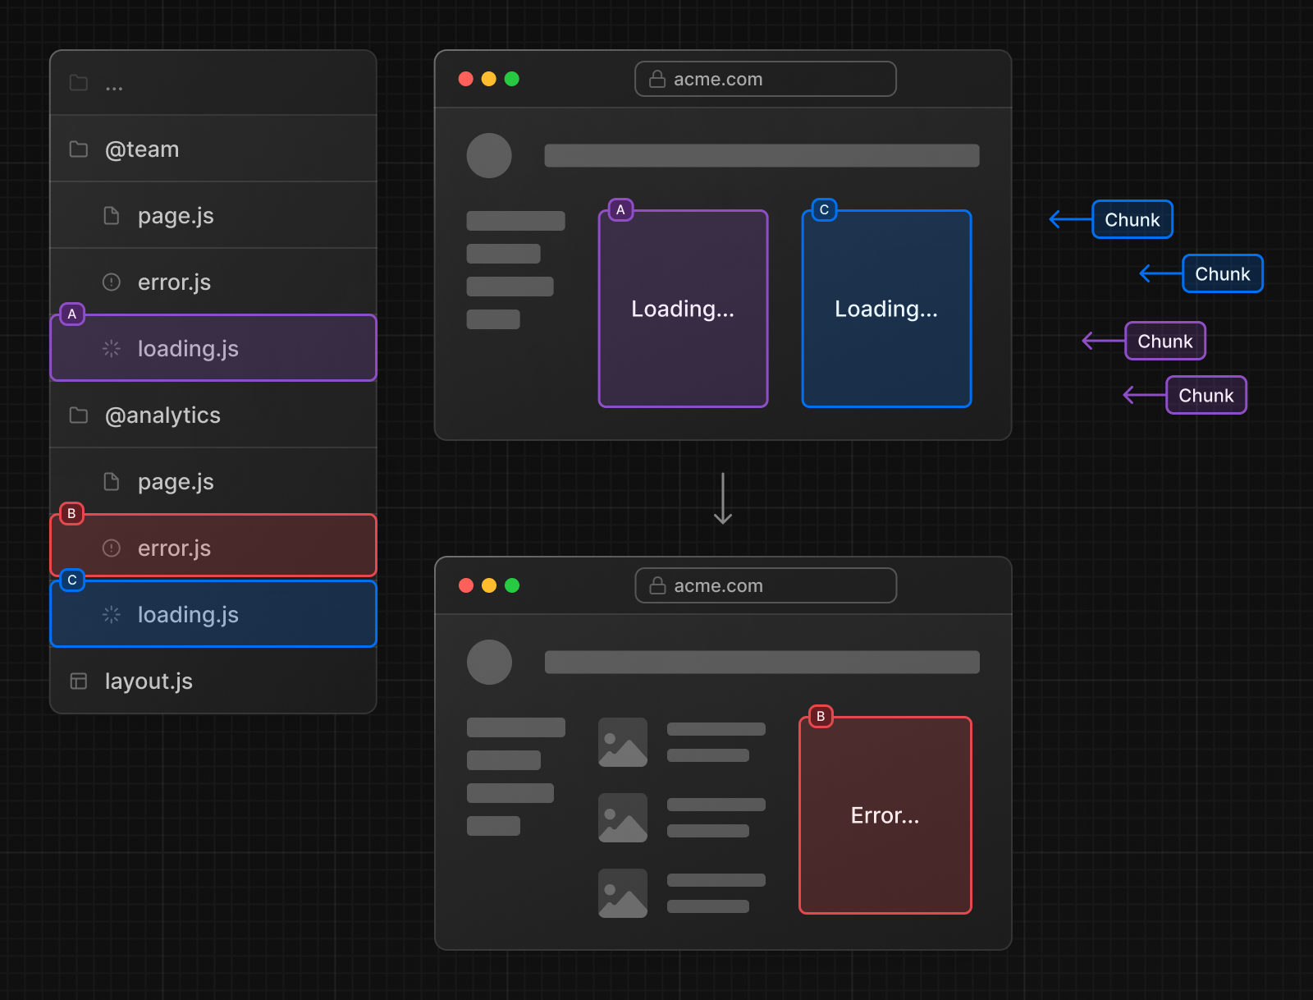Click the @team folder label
(x=142, y=149)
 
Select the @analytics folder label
(x=162, y=415)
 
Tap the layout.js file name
(x=149, y=681)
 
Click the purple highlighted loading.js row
(x=213, y=349)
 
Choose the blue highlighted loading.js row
(x=213, y=615)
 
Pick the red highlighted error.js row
(x=213, y=548)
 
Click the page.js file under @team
(x=176, y=216)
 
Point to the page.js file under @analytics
(x=176, y=482)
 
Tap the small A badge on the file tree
(x=72, y=314)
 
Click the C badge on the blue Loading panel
(x=824, y=210)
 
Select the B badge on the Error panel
(x=821, y=717)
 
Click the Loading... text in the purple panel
(x=683, y=310)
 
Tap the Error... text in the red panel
(x=885, y=816)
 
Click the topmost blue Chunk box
(x=1132, y=220)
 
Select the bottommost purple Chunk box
(x=1206, y=396)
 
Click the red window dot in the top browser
(x=466, y=79)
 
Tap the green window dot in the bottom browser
(x=512, y=585)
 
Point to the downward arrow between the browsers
(x=723, y=498)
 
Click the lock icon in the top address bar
(x=657, y=79)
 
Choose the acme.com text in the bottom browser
(x=718, y=586)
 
